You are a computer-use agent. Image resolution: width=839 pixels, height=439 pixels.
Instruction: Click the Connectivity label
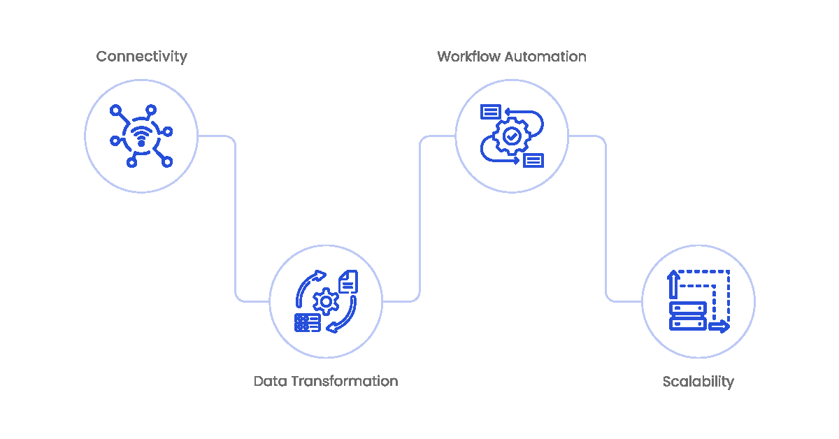tap(141, 57)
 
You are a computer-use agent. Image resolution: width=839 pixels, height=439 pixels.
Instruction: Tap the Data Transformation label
tap(325, 382)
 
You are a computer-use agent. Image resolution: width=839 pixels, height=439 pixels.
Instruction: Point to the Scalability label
tap(698, 382)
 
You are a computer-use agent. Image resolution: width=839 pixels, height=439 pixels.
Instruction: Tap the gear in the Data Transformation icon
tap(325, 302)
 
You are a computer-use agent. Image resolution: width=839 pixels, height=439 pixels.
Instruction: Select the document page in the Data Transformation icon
tap(348, 282)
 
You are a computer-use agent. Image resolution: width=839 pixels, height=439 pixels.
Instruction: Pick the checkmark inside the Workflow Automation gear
tap(512, 136)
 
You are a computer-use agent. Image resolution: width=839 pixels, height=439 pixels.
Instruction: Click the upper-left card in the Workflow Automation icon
tap(491, 112)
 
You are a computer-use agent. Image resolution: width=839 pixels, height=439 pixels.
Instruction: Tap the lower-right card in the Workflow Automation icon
tap(533, 160)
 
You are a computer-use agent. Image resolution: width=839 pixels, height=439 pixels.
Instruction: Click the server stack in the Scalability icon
tap(688, 316)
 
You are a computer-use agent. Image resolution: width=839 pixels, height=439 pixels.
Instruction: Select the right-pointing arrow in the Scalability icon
tap(719, 326)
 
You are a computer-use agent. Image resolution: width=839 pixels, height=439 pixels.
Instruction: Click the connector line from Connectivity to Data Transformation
tap(235, 217)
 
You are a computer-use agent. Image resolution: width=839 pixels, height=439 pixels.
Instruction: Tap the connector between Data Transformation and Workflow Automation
tap(419, 217)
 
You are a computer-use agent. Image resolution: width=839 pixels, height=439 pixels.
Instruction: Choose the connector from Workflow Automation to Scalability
tap(605, 217)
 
